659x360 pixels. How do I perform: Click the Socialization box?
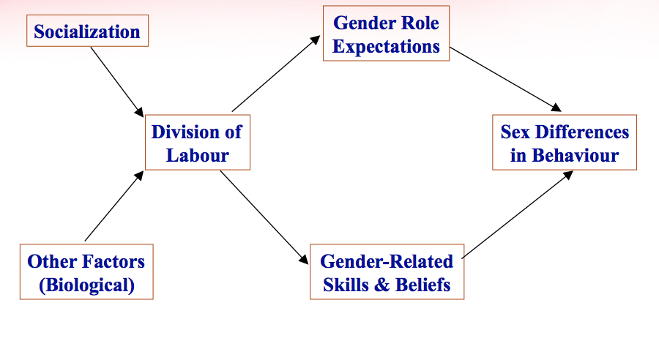[87, 32]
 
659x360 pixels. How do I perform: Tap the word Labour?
[198, 155]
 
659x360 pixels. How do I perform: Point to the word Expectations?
[386, 46]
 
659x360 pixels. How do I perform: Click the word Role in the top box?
[414, 23]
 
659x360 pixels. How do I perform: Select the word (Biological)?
[86, 285]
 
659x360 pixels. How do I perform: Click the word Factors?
[112, 261]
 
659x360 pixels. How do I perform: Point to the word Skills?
[347, 285]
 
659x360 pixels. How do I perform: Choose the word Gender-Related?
[387, 261]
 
